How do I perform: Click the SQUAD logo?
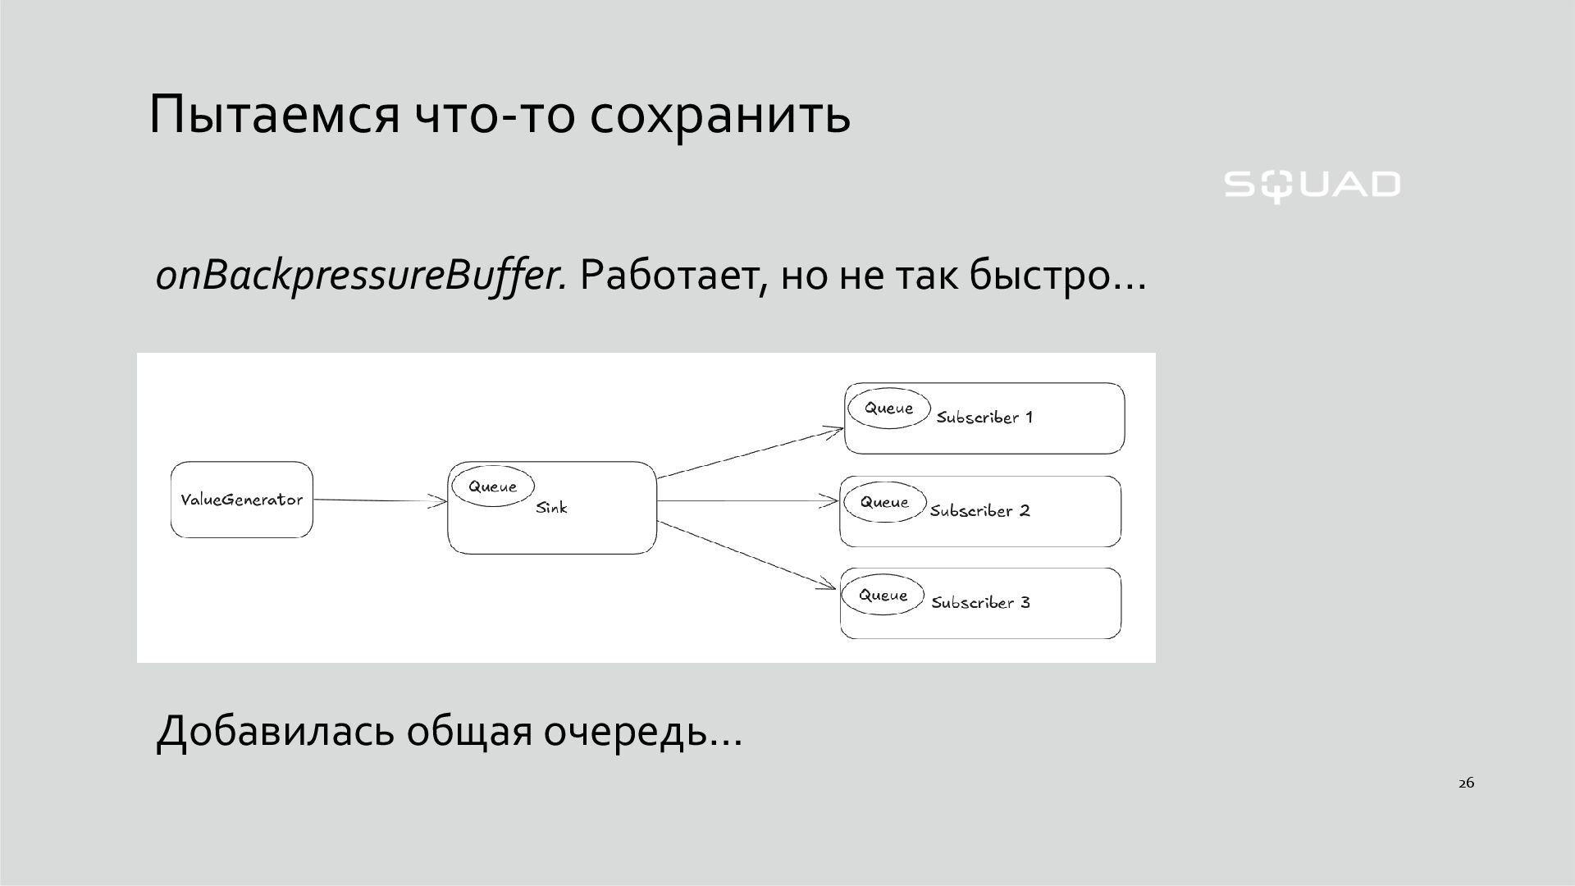point(1312,185)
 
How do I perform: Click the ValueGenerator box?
point(242,500)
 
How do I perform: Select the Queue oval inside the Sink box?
point(492,486)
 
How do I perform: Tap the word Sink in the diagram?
point(551,508)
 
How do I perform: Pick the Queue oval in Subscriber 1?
point(888,408)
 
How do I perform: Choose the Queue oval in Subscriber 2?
point(884,502)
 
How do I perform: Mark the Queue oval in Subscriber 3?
point(883,595)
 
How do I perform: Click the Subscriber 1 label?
point(984,418)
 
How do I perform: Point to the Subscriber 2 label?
point(979,511)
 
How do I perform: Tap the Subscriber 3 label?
point(980,603)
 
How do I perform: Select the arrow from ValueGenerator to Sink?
point(380,500)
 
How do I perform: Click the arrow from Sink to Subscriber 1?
point(750,452)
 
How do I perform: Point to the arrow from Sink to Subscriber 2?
point(747,501)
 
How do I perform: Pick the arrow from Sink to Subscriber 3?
point(746,555)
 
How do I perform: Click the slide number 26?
point(1466,783)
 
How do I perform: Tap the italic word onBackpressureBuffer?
point(361,276)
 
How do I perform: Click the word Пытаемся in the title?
point(274,114)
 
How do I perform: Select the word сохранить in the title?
point(719,114)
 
